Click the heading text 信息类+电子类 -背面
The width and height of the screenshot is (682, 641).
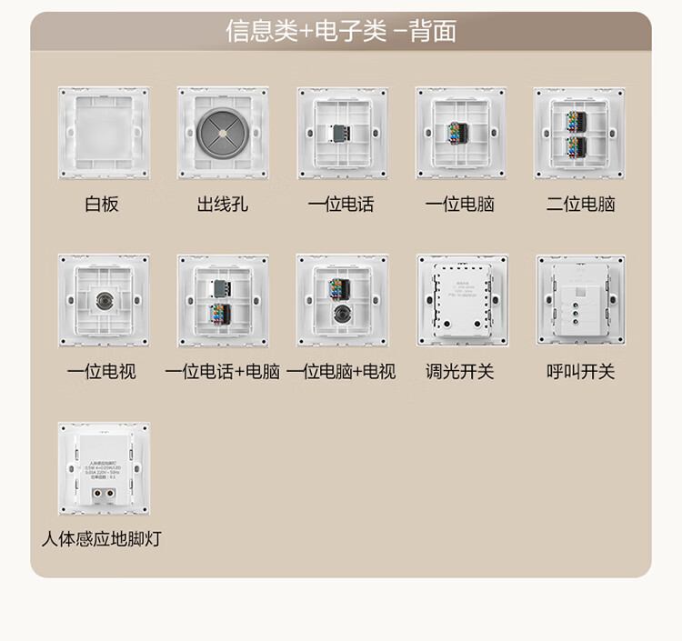[341, 32]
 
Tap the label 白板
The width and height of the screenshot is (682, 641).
[102, 205]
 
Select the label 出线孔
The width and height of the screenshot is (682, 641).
[222, 205]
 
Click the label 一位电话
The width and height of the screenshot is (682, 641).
[341, 205]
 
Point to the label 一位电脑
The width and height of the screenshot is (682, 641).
[459, 205]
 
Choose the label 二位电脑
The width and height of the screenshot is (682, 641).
[580, 205]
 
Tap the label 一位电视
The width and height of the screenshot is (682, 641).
[102, 372]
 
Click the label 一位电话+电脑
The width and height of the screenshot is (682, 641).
[222, 372]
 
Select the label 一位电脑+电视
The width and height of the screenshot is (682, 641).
[341, 372]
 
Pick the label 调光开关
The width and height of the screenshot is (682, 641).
[459, 372]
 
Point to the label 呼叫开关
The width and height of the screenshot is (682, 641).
[580, 372]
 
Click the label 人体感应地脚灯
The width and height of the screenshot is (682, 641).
[102, 539]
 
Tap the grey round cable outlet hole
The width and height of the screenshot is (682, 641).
[222, 132]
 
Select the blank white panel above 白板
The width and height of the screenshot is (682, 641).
[103, 133]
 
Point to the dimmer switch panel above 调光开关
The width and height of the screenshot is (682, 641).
[461, 300]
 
